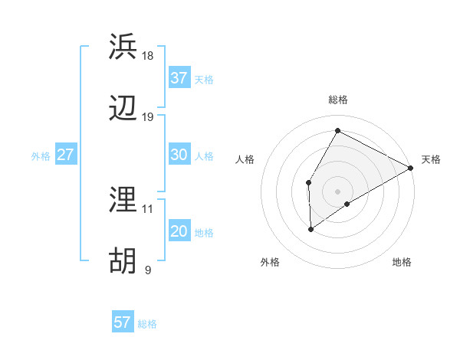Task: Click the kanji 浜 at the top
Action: [123, 47]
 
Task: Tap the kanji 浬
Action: [123, 200]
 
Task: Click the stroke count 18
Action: [148, 56]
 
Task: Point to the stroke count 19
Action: [148, 117]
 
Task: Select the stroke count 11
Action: [148, 208]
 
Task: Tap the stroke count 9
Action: [148, 270]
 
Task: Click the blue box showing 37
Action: [179, 78]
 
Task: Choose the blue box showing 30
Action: [179, 155]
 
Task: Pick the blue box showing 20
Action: [179, 231]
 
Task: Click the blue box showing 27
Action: [65, 155]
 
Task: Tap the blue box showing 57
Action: [122, 322]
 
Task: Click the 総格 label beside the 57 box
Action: [147, 324]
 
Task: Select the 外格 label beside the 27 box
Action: [41, 156]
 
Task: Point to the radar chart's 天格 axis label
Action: [431, 159]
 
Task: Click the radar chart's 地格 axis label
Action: [402, 262]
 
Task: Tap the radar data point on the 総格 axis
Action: [337, 130]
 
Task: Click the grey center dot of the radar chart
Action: [337, 191]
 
